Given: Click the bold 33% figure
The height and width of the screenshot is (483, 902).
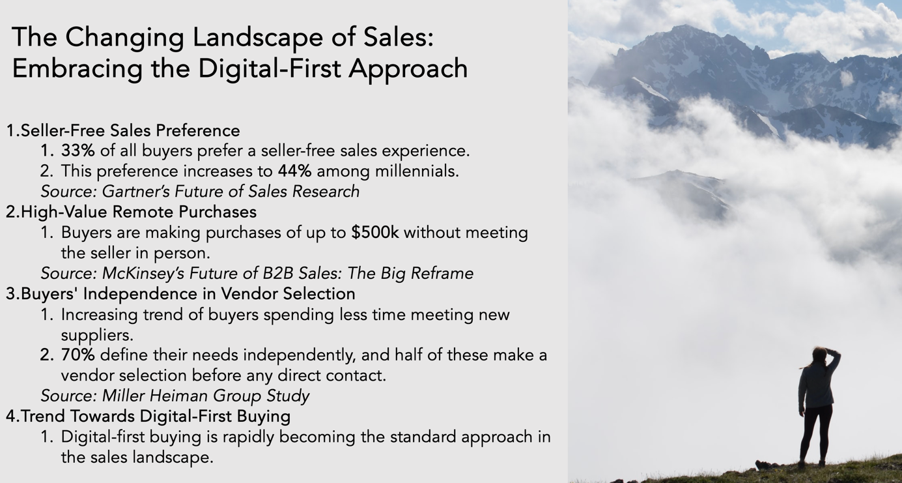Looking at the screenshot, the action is point(78,151).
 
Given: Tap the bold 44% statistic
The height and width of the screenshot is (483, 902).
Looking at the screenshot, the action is point(294,171).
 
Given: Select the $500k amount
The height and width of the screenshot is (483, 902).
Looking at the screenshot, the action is point(375,232).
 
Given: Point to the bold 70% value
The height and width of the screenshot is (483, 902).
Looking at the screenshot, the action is point(78,355).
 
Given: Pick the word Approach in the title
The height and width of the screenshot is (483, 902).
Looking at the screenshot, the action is point(408,68).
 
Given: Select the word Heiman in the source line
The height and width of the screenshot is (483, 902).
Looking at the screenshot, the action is point(178,396).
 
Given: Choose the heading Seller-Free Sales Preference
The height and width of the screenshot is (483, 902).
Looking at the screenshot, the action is point(130,130).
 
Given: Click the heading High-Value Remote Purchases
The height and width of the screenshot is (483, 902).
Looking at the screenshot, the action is point(139,212).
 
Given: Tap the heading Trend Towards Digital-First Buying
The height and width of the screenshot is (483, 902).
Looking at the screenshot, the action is point(156,416).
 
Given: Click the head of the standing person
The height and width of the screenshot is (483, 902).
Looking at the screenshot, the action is point(819,356).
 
